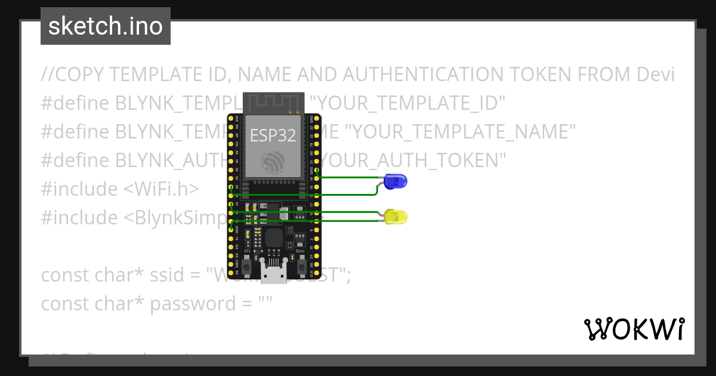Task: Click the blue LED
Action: click(395, 181)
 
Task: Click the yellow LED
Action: click(395, 217)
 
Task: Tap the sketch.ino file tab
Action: click(106, 26)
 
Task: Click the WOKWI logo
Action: click(634, 329)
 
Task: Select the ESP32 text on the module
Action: click(273, 135)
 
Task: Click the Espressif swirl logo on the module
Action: click(273, 161)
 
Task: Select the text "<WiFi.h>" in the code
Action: click(161, 189)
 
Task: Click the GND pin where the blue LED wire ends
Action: click(316, 171)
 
